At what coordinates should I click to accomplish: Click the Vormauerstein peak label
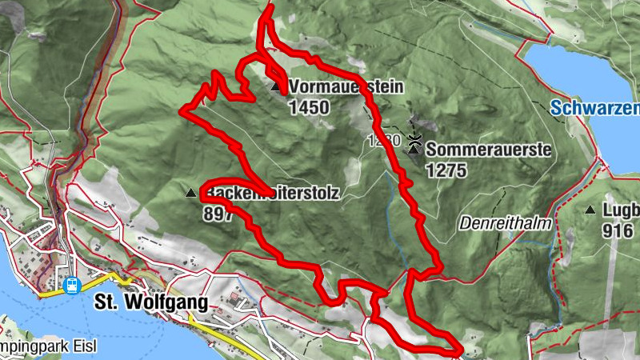point(346,86)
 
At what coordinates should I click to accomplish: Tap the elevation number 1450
point(310,105)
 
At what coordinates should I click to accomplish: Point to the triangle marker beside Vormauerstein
point(276,86)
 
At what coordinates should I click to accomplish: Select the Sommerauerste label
point(488,150)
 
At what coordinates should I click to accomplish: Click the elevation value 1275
point(446,170)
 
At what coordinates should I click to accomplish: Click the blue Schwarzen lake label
point(595,107)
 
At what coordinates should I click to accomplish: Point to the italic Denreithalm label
point(506,224)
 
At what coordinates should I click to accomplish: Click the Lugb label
point(622,210)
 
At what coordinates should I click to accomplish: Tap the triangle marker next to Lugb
point(590,210)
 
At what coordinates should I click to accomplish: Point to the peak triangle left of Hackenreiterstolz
point(190,193)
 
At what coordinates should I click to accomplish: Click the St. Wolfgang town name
point(150,302)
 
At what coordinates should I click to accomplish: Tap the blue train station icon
point(71,284)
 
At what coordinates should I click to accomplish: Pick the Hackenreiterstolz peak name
point(272,193)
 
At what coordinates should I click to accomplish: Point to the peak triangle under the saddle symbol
point(414,150)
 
